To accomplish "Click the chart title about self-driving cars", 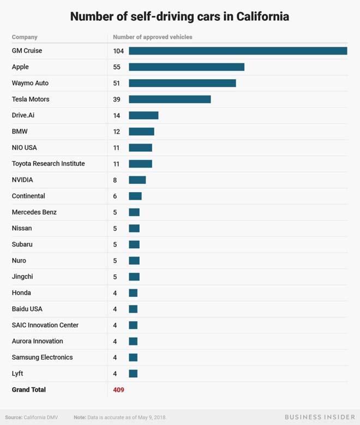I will click(179, 16).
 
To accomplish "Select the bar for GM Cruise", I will click(238, 51).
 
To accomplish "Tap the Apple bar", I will click(187, 67).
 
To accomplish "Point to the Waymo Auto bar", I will click(182, 83).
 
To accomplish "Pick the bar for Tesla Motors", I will click(170, 99).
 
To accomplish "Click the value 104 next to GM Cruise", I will click(118, 51).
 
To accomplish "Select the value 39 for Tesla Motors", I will click(117, 99).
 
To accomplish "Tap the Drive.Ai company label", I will click(23, 115).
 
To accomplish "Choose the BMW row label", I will click(20, 131).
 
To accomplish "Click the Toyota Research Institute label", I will click(48, 164).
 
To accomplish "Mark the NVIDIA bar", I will click(137, 180).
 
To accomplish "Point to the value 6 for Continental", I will click(115, 196).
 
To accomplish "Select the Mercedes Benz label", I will click(34, 212).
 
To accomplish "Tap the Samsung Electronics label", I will click(42, 357).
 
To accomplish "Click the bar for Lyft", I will click(133, 374).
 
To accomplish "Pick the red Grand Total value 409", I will click(118, 390).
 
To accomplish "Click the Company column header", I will click(25, 37).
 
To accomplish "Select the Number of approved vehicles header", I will click(152, 37).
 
